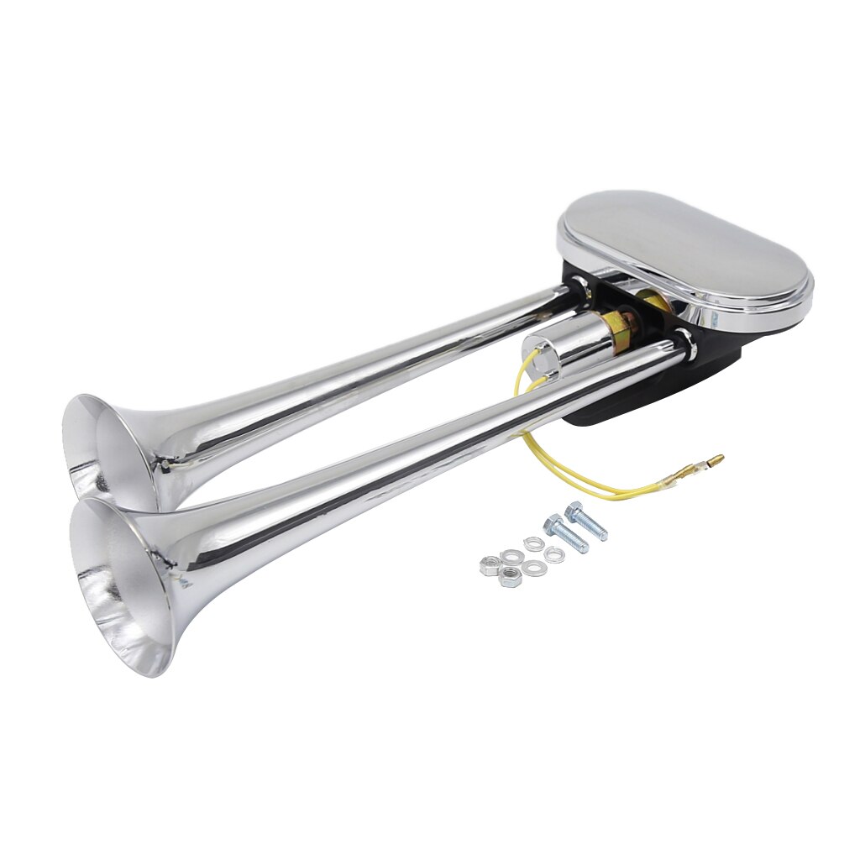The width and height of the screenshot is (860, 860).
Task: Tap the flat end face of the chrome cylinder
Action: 535,354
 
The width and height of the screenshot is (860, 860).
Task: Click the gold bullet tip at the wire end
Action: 715,459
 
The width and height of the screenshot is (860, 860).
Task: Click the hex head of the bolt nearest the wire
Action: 574,509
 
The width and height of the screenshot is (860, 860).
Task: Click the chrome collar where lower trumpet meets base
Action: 682,340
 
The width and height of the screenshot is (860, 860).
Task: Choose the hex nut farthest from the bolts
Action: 489,566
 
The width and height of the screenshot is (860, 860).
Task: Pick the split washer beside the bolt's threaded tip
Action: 553,554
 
